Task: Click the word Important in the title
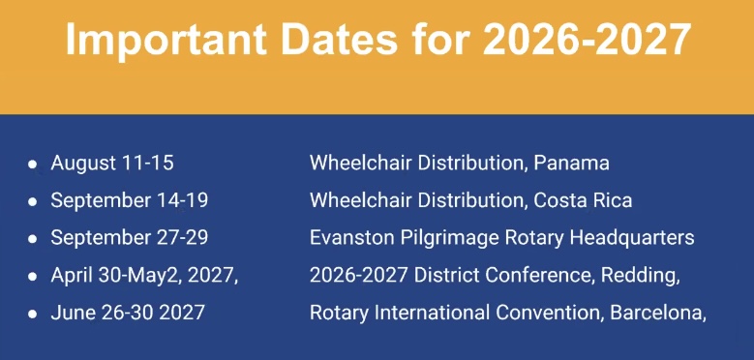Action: [x=166, y=41]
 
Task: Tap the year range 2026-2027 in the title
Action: [x=587, y=39]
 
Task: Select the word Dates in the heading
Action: [x=339, y=39]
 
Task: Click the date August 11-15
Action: [x=112, y=163]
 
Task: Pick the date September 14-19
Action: [x=130, y=200]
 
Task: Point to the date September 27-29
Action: [x=130, y=238]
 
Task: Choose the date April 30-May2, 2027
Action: [x=144, y=276]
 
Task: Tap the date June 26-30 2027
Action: [x=128, y=313]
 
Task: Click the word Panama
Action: [x=571, y=163]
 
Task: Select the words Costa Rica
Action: [x=583, y=200]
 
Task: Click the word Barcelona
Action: [x=658, y=314]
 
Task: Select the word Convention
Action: [x=550, y=314]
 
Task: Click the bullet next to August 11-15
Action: [x=32, y=164]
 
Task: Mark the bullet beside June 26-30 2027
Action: [x=32, y=314]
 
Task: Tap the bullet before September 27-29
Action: [x=32, y=239]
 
